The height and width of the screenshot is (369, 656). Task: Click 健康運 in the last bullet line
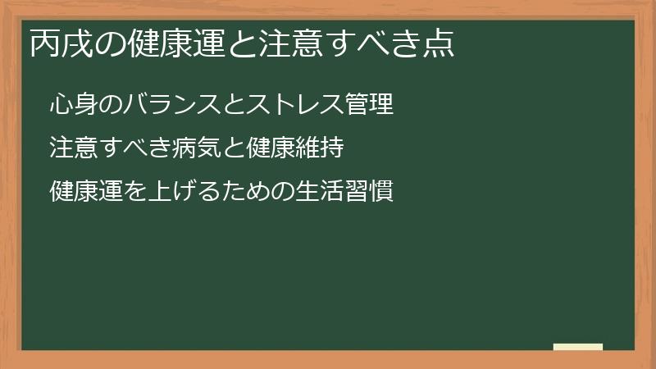(80, 192)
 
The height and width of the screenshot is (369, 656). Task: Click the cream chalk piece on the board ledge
(578, 347)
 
